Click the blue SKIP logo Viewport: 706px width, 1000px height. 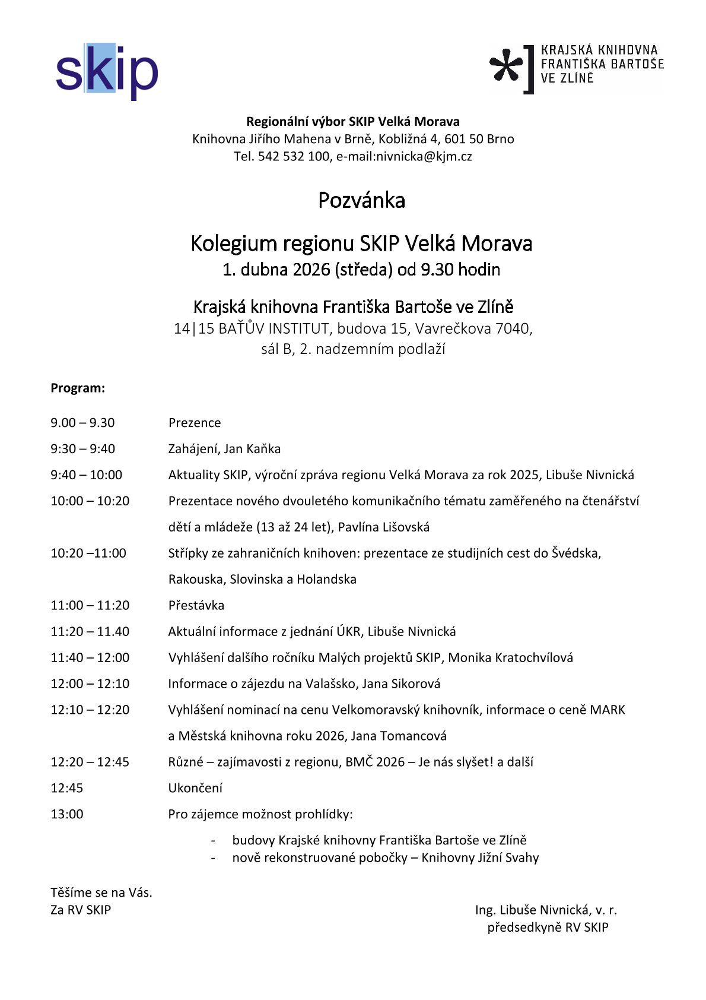coord(107,71)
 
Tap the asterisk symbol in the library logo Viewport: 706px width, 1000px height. coord(506,68)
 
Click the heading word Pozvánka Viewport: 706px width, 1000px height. coord(361,200)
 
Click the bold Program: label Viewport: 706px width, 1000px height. coord(78,388)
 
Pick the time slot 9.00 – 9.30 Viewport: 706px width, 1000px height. coord(82,422)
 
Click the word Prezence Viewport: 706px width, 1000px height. coord(195,422)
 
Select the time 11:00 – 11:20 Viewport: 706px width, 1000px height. coord(90,605)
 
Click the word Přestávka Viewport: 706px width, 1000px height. coord(196,605)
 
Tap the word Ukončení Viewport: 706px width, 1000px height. coord(195,788)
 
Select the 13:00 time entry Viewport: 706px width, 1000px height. coord(67,814)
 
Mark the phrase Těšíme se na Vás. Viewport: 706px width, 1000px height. coord(101,892)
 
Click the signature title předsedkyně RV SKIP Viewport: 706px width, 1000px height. coord(548,927)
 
